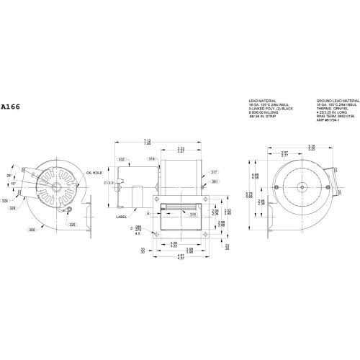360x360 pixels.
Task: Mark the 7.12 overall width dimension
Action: tap(168, 141)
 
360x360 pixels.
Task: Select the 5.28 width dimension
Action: tap(290, 146)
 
